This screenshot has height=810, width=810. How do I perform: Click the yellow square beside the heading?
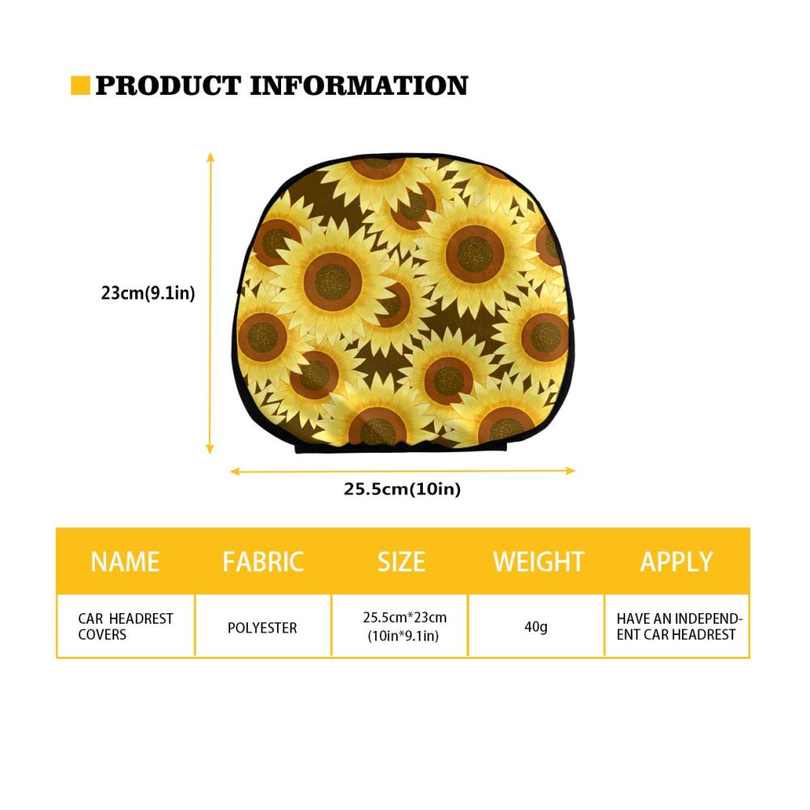point(80,85)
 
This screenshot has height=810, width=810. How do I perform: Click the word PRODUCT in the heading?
point(168,86)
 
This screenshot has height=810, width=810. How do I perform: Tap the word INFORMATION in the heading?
point(359,86)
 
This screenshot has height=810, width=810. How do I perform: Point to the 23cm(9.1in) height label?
point(148,293)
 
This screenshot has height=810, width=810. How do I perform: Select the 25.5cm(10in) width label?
point(402,488)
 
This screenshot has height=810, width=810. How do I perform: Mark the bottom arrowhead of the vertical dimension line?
point(210,449)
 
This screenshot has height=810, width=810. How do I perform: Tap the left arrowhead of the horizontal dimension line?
point(235,471)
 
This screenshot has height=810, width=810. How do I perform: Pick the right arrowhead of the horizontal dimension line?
point(570,471)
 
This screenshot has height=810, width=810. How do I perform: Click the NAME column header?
point(125,562)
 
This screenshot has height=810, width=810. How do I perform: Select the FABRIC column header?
point(263,562)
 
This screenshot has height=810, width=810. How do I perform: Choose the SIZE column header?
point(401,562)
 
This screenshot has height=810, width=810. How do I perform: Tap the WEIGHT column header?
point(539,562)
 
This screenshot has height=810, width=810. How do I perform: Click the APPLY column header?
point(676,562)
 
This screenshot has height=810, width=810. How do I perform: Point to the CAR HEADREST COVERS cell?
point(126,627)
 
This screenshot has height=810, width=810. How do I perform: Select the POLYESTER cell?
point(262,629)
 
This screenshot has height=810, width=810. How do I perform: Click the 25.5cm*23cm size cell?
point(404,627)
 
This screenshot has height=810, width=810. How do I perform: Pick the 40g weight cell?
point(535,627)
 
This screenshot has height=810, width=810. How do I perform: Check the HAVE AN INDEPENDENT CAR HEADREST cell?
point(680,627)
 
